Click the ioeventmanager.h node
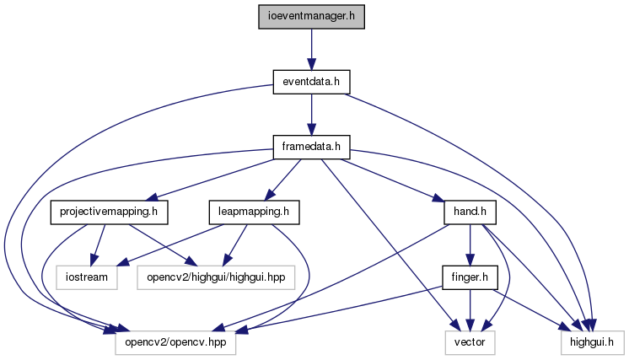(311, 17)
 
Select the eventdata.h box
(311, 82)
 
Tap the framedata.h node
(311, 148)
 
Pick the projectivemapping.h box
(109, 212)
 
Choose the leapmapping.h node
(254, 212)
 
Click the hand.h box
(470, 212)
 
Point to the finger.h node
(470, 277)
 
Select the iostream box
(87, 277)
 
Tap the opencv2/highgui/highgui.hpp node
(216, 277)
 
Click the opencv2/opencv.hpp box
(175, 343)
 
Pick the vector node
(470, 343)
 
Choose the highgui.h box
(593, 343)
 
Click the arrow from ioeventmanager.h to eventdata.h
(311, 50)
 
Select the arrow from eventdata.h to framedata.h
(311, 115)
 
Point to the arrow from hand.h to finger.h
(470, 245)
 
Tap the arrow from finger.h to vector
(470, 310)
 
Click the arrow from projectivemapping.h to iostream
(99, 245)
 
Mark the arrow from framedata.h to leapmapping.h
(282, 180)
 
